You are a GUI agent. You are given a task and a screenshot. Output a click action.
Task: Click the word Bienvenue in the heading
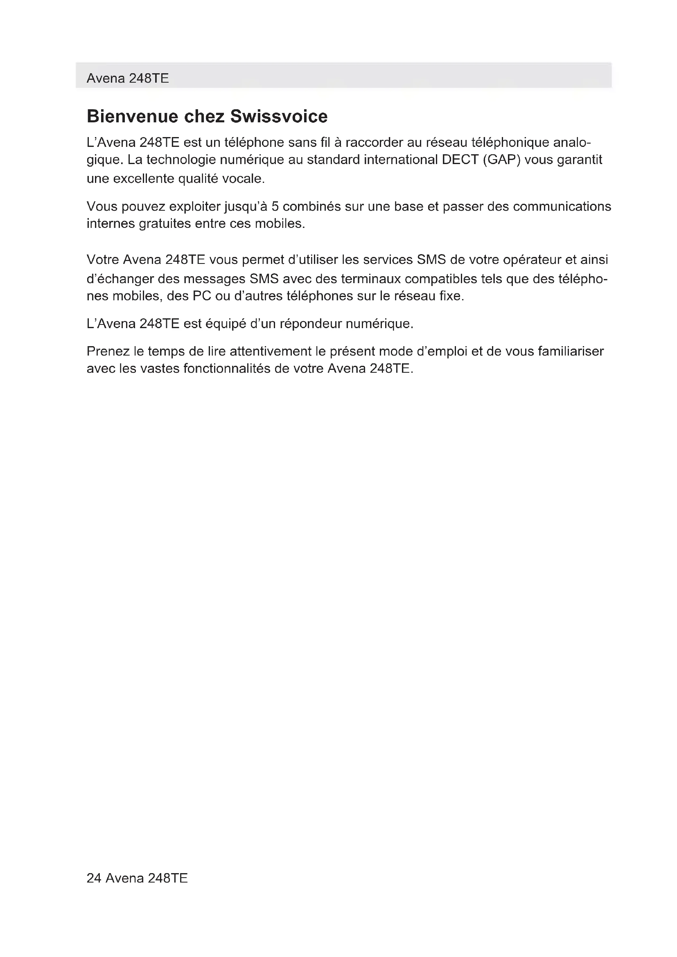coord(132,116)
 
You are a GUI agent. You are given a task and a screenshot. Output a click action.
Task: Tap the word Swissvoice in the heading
coord(279,116)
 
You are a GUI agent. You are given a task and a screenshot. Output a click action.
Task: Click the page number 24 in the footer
coord(94,878)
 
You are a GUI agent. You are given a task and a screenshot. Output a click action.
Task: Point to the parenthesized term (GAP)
coord(502,160)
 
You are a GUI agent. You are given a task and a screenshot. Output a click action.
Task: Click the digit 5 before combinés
coord(275,206)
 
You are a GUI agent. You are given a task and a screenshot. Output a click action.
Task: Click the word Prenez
coord(108,351)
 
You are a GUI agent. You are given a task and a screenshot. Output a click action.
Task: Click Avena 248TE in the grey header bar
coord(128,79)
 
